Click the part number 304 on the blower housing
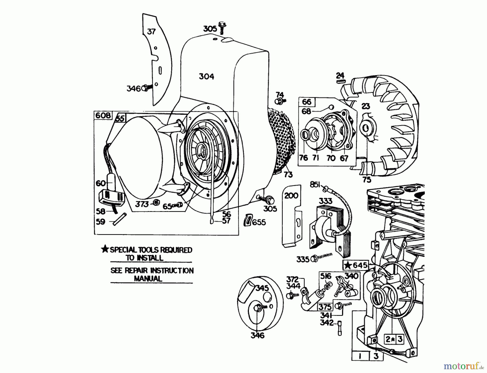tap(206, 77)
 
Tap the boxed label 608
tap(103, 116)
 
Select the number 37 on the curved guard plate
tap(151, 32)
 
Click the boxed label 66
tap(307, 102)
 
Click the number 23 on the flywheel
tap(366, 106)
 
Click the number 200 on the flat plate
tap(291, 195)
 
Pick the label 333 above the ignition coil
tap(325, 201)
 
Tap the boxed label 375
tap(325, 307)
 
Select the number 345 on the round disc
tap(262, 288)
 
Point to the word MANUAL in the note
tap(148, 279)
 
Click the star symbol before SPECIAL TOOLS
tap(105, 249)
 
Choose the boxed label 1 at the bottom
tap(360, 356)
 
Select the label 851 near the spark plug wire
tap(315, 185)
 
